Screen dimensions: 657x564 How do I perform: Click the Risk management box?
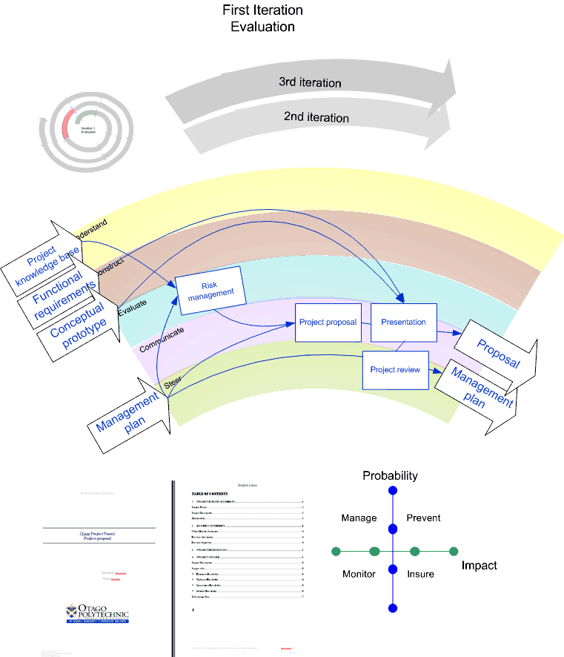(x=210, y=292)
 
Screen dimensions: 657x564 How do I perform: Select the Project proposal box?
(x=328, y=323)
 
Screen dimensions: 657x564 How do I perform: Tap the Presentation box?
(x=403, y=323)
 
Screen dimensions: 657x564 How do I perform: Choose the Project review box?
(x=395, y=370)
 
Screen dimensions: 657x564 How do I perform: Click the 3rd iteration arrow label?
(x=310, y=82)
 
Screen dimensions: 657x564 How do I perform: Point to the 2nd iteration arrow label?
(x=316, y=117)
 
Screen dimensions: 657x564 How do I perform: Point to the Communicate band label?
(x=162, y=337)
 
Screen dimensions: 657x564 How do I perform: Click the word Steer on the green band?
(x=172, y=383)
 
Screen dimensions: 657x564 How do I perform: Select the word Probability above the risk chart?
(x=390, y=475)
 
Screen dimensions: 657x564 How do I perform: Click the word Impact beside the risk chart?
(x=479, y=566)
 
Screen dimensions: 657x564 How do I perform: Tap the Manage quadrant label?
(x=356, y=518)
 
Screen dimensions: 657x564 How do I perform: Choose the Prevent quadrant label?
(x=423, y=518)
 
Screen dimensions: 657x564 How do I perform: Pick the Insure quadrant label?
(x=420, y=574)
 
